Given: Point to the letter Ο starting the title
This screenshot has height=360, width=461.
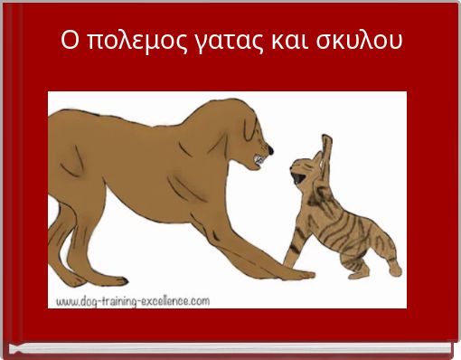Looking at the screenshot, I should point(70,42).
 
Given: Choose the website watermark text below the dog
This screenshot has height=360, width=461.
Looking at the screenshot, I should point(135,299).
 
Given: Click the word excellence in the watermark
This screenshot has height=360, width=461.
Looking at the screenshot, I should point(181,299).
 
